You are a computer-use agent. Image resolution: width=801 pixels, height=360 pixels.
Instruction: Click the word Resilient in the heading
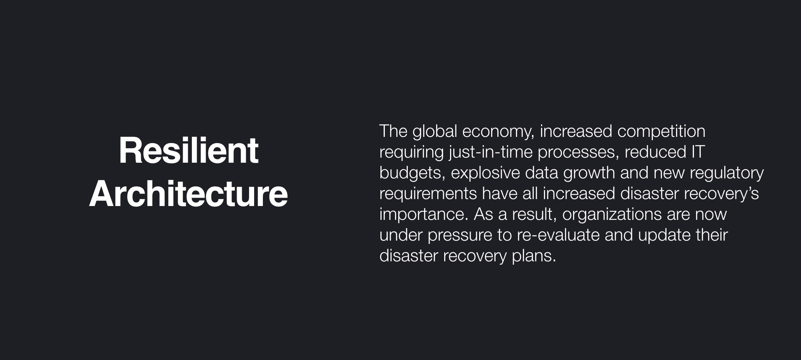tap(188, 151)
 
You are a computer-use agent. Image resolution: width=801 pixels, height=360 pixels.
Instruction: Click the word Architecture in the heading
tap(188, 194)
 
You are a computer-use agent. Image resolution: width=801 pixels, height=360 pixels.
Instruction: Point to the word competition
tap(661, 131)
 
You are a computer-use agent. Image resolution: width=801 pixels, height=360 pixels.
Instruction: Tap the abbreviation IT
tap(698, 152)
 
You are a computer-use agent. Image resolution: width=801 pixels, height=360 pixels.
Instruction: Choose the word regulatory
tap(726, 173)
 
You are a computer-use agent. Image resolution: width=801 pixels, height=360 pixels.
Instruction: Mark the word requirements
tap(428, 194)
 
